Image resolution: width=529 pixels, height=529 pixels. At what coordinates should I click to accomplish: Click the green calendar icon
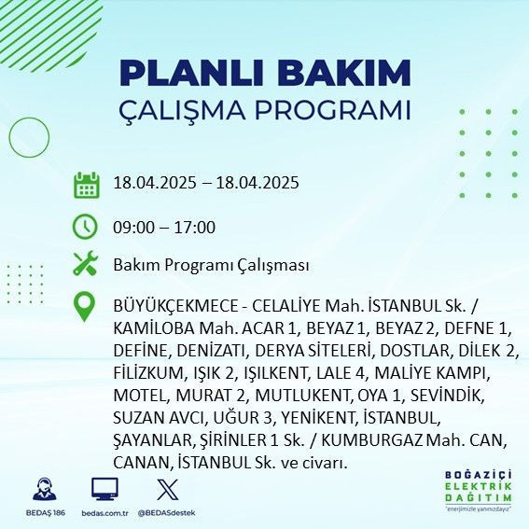(x=86, y=184)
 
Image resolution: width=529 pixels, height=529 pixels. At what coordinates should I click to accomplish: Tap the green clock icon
(x=86, y=226)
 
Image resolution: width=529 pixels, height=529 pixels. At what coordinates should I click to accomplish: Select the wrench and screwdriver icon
(x=86, y=264)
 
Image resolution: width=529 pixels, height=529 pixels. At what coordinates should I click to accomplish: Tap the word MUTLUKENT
(x=300, y=396)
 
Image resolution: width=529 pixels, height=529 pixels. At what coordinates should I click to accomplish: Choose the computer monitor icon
(x=104, y=489)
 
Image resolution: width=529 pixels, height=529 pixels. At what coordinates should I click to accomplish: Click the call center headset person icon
(x=41, y=489)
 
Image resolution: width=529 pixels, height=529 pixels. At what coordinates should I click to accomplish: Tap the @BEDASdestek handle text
(x=167, y=513)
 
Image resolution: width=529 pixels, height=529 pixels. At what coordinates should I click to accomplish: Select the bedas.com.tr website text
(x=104, y=513)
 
